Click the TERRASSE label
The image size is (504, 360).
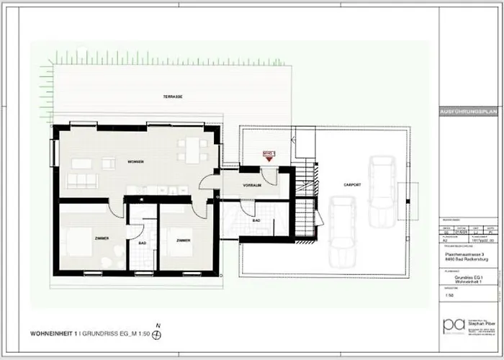pos(172,96)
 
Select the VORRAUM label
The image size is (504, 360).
pos(251,184)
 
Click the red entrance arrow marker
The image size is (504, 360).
pos(269,161)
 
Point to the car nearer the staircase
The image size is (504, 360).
pos(340,230)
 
